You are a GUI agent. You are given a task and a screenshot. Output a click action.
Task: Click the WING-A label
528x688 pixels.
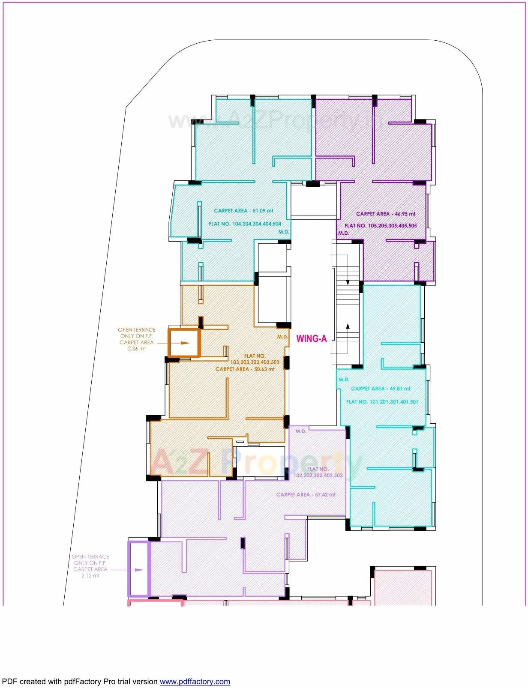coord(312,339)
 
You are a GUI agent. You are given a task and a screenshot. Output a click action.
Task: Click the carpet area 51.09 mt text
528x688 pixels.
coord(243,211)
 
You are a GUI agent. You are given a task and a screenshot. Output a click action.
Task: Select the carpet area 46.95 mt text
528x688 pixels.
coord(385,214)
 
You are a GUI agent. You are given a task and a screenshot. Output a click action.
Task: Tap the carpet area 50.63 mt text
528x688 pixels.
coord(245,369)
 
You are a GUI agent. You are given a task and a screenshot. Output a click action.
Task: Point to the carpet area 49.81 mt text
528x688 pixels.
coord(381,389)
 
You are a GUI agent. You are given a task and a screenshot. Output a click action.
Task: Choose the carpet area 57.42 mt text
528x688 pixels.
coord(306,495)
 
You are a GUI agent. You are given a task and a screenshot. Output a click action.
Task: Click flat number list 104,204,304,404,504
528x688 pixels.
coord(245,224)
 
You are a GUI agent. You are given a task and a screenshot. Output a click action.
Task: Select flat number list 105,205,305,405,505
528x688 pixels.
coord(381,226)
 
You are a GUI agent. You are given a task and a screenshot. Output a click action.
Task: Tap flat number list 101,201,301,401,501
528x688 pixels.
coord(382,402)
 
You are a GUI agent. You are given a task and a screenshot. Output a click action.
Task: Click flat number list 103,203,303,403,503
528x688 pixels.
coord(255,362)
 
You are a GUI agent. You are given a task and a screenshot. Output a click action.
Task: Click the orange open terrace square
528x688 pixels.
coord(183,343)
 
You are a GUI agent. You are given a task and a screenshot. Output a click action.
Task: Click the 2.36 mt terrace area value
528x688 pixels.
coord(137,349)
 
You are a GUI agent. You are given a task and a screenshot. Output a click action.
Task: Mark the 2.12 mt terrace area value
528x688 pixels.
coord(90,576)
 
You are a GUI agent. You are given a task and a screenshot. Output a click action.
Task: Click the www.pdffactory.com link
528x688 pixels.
coord(195,682)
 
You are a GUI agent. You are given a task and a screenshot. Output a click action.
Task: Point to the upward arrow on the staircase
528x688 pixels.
coord(348,326)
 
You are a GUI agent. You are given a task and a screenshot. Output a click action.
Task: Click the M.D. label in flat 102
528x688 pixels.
coord(301,431)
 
